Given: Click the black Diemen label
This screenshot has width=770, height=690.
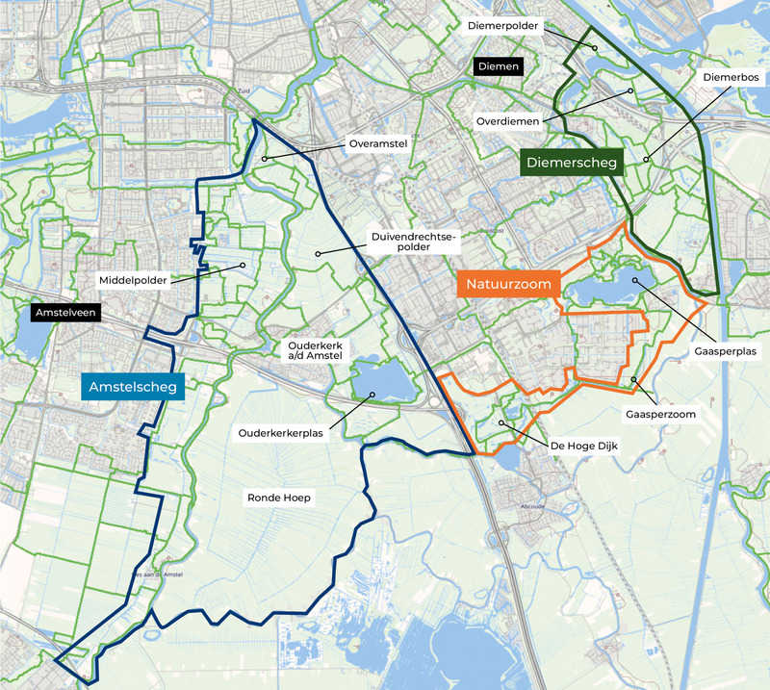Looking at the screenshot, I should (498, 66).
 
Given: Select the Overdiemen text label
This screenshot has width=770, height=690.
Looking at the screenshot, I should (507, 121).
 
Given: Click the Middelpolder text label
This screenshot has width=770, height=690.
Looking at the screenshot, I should (133, 280).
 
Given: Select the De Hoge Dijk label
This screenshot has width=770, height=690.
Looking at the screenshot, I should (577, 446).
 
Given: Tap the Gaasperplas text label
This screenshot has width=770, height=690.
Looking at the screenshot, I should (725, 351).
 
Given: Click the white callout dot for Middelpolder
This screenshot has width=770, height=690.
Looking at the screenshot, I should (244, 266).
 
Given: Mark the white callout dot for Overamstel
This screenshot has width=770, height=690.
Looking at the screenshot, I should (262, 158).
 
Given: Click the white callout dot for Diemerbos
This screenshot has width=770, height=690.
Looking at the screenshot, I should (646, 159).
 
